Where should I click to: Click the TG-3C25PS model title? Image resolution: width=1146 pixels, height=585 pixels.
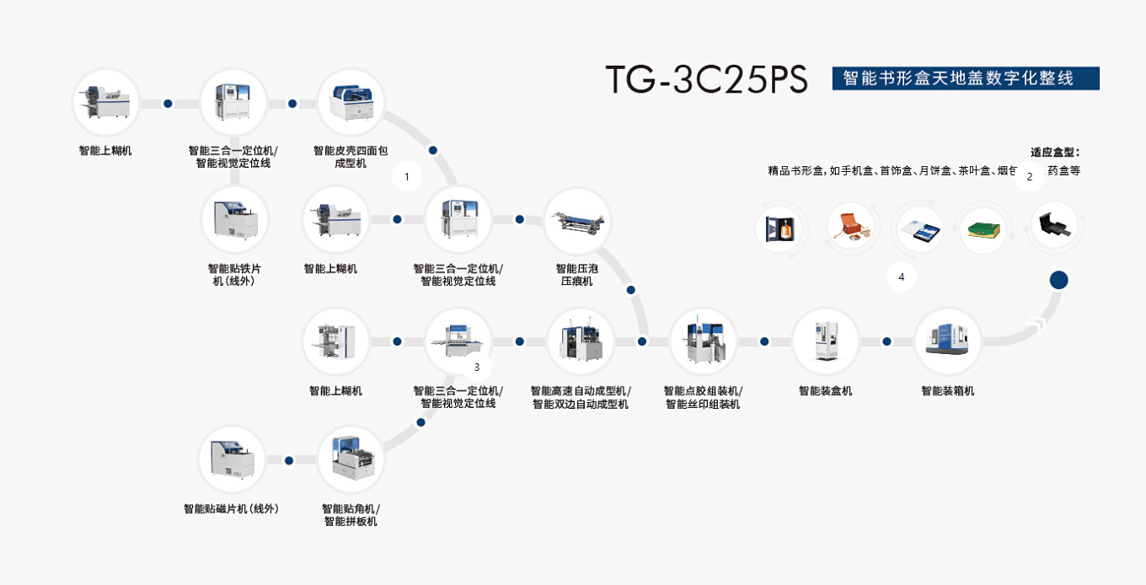pos(706,78)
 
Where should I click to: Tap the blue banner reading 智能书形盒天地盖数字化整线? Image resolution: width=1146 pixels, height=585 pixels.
pos(965,78)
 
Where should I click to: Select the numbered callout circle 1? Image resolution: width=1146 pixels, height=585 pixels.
pos(407,176)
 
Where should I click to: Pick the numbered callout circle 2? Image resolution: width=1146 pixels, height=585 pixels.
pos(1029,177)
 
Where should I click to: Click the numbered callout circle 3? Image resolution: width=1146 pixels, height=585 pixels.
pos(477,367)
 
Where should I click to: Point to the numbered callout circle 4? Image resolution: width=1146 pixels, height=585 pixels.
pos(902,276)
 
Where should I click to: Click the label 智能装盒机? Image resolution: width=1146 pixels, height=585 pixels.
pos(825,391)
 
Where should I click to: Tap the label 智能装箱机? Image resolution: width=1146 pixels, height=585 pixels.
pos(948,391)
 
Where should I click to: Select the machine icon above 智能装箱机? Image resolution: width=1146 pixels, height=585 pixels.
pos(948,341)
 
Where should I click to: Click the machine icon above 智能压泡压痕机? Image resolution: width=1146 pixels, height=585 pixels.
pos(576,220)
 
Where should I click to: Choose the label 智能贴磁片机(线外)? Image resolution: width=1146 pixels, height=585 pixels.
pos(231,509)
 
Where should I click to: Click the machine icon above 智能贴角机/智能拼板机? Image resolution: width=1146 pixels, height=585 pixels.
pos(351,459)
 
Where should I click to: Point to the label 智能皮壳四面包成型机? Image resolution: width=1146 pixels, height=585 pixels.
pos(351,157)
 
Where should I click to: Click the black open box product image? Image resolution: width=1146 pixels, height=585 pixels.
pos(1054,225)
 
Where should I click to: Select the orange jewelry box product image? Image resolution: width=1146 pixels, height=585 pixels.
pos(850,227)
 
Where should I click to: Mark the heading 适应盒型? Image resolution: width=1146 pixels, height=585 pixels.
pos(1054,153)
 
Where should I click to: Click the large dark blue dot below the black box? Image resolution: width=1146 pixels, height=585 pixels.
pos(1058,281)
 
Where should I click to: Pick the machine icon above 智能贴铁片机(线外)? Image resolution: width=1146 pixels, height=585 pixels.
pos(234,219)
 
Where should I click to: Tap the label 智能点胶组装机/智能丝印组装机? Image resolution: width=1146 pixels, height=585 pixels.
pos(703,397)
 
